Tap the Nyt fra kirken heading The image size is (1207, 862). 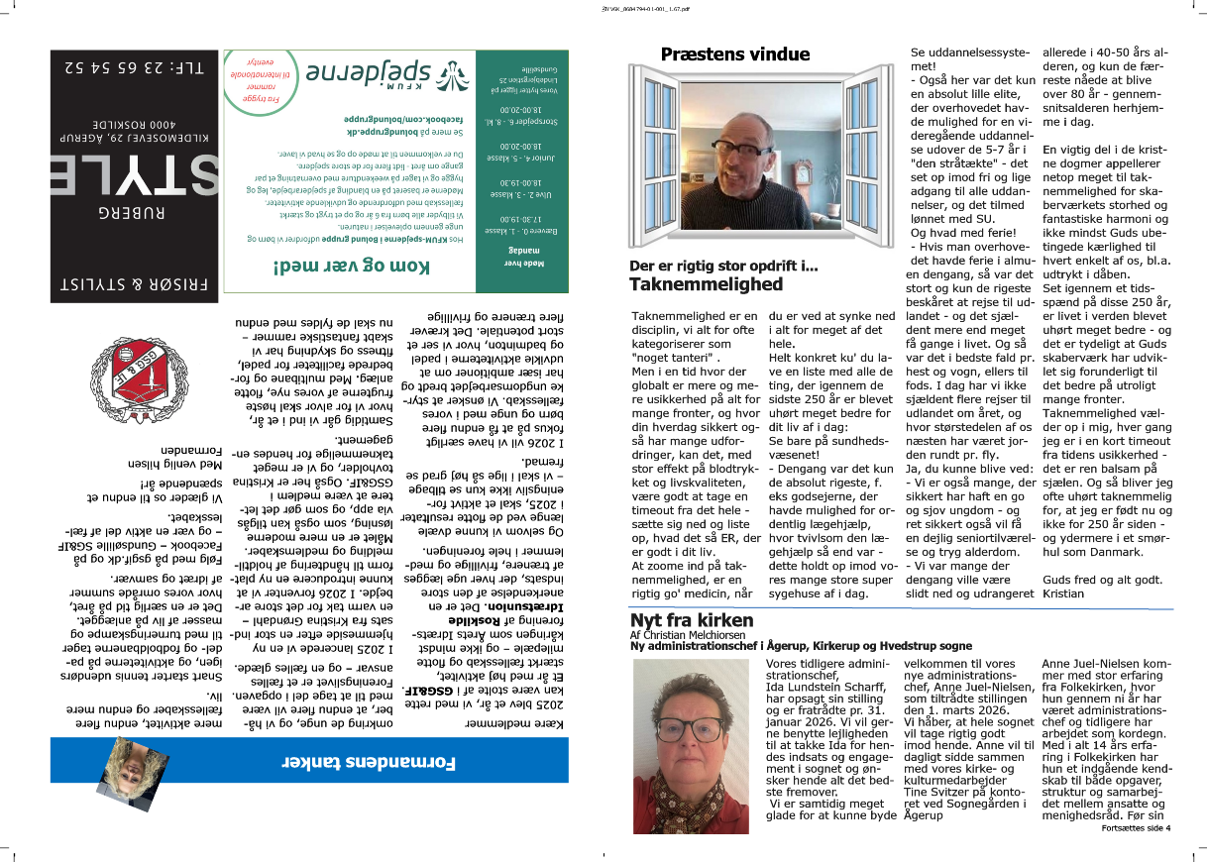(x=692, y=620)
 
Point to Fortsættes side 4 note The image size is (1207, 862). (x=1136, y=827)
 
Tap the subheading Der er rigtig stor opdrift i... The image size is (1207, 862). (x=723, y=267)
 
